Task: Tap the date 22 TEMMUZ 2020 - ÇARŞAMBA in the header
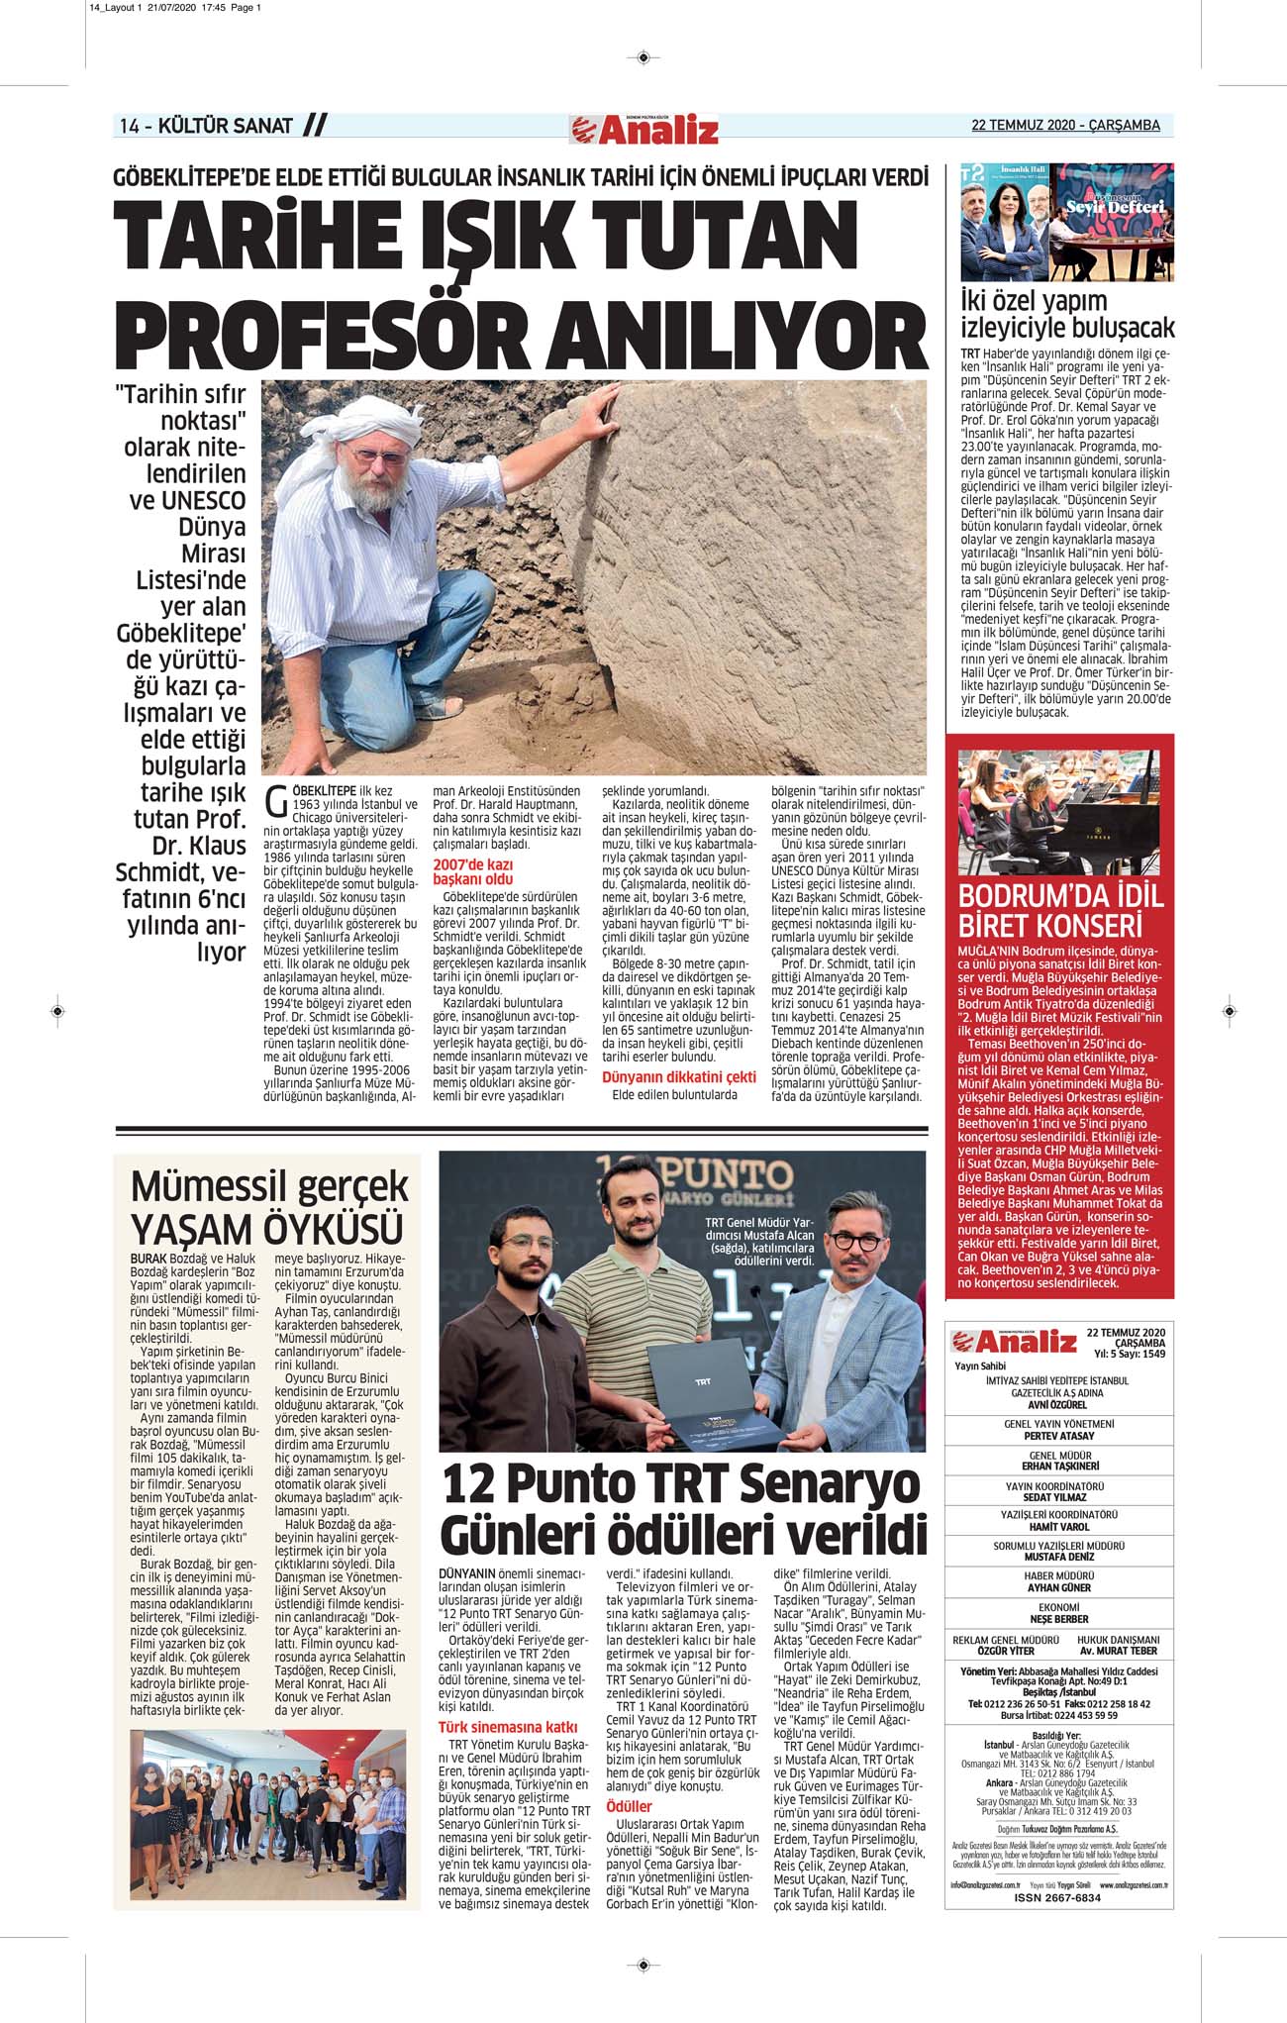pyautogui.click(x=1065, y=126)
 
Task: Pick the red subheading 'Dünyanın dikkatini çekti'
pyautogui.click(x=679, y=1076)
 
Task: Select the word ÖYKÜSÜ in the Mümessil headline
pyautogui.click(x=334, y=1229)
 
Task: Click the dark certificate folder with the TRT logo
pyautogui.click(x=708, y=1387)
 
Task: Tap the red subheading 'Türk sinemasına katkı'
pyautogui.click(x=508, y=1728)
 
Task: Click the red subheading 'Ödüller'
pyautogui.click(x=629, y=1806)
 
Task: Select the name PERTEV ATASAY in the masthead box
pyautogui.click(x=1058, y=1436)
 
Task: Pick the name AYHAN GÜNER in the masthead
pyautogui.click(x=1058, y=1587)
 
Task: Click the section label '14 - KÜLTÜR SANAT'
pyautogui.click(x=206, y=126)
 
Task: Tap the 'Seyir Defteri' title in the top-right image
pyautogui.click(x=1114, y=207)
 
